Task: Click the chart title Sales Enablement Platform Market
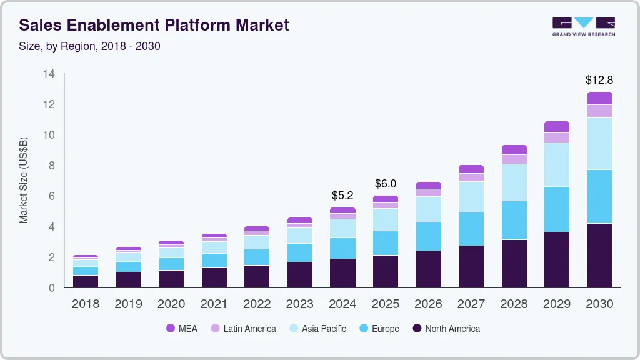click(x=154, y=26)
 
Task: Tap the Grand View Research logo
click(x=584, y=27)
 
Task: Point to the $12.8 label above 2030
click(x=599, y=80)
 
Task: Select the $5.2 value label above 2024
click(x=342, y=196)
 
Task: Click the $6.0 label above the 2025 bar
click(x=386, y=184)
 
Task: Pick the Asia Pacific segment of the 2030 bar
click(x=599, y=143)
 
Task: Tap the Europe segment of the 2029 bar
click(x=557, y=209)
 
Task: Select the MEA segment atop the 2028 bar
click(x=514, y=150)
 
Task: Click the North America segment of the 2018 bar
click(x=86, y=281)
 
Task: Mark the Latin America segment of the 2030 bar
click(x=599, y=111)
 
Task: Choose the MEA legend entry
click(x=182, y=328)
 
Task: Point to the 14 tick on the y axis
click(x=49, y=74)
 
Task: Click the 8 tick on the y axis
click(x=52, y=166)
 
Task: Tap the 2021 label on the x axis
click(x=214, y=304)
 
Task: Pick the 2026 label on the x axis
click(x=428, y=304)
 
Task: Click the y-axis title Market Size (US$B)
click(x=23, y=181)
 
